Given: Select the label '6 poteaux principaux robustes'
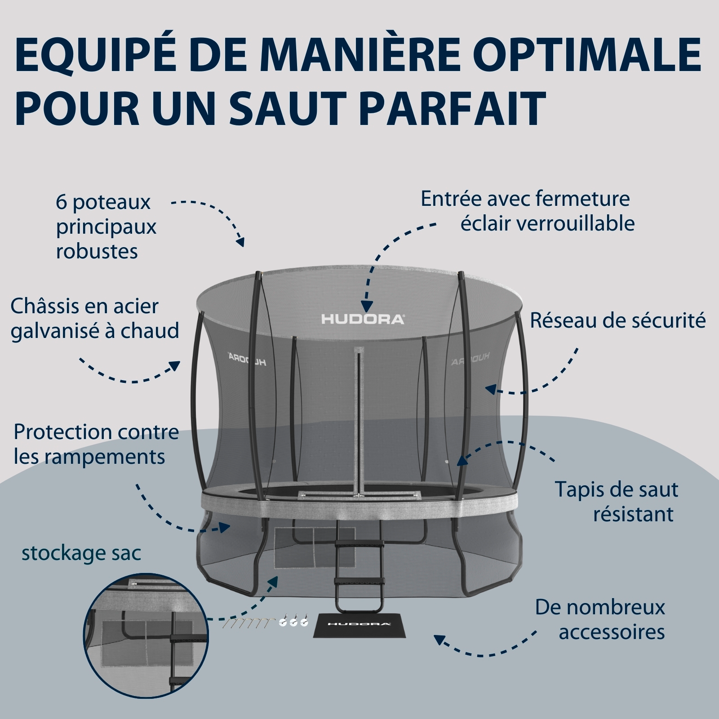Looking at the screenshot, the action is pyautogui.click(x=106, y=226).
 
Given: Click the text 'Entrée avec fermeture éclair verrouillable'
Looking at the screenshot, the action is pyautogui.click(x=528, y=211).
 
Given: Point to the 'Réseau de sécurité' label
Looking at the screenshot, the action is pyautogui.click(x=618, y=320).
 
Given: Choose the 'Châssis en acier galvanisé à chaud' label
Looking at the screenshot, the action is pyautogui.click(x=95, y=319).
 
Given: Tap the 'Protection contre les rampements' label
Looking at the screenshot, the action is pyautogui.click(x=96, y=444).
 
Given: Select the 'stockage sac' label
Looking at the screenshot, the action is pyautogui.click(x=81, y=553).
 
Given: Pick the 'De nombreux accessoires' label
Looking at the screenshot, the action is pyautogui.click(x=600, y=620).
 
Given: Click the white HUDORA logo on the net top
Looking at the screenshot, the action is pyautogui.click(x=363, y=320).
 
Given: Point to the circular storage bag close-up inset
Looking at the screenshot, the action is pyautogui.click(x=146, y=635).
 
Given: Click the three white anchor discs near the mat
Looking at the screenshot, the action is pyautogui.click(x=293, y=621).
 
